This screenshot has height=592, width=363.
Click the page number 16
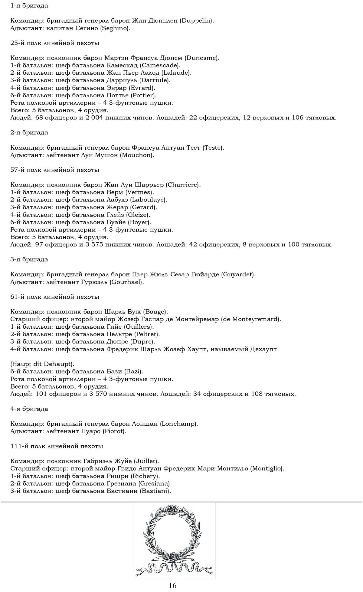point(172,585)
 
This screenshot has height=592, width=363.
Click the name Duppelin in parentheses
point(197,21)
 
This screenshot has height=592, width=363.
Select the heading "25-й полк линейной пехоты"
point(55,43)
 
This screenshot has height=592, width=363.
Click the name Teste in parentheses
point(213,148)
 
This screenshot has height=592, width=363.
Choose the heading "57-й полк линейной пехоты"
point(55,170)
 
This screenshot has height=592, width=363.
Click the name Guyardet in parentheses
point(238,275)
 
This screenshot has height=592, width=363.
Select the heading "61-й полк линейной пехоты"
point(55,297)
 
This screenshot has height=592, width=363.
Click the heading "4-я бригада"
point(29,409)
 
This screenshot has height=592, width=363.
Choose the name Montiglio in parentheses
point(267,469)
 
